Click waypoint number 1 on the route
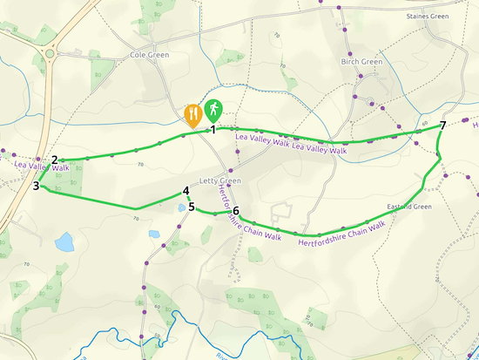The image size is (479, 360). pyautogui.click(x=213, y=130)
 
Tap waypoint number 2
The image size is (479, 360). pyautogui.click(x=55, y=160)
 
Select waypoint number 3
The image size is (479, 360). pyautogui.click(x=37, y=186)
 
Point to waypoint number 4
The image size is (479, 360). pyautogui.click(x=186, y=192)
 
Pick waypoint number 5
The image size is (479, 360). pyautogui.click(x=192, y=207)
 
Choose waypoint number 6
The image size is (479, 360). pyautogui.click(x=236, y=211)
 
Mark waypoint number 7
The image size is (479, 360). pyautogui.click(x=443, y=126)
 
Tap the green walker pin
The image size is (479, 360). pyautogui.click(x=213, y=111)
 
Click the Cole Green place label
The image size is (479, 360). pyautogui.click(x=149, y=55)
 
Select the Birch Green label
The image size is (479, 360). pyautogui.click(x=361, y=62)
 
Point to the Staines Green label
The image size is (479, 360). pyautogui.click(x=428, y=16)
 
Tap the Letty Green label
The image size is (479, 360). pyautogui.click(x=219, y=180)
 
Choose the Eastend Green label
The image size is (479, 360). pyautogui.click(x=409, y=207)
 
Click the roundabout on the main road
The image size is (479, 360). pyautogui.click(x=49, y=53)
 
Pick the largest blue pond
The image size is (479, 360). pyautogui.click(x=64, y=241)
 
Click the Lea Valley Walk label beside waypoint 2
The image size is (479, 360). pyautogui.click(x=41, y=166)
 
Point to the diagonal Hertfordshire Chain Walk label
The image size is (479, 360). pyautogui.click(x=250, y=213)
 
